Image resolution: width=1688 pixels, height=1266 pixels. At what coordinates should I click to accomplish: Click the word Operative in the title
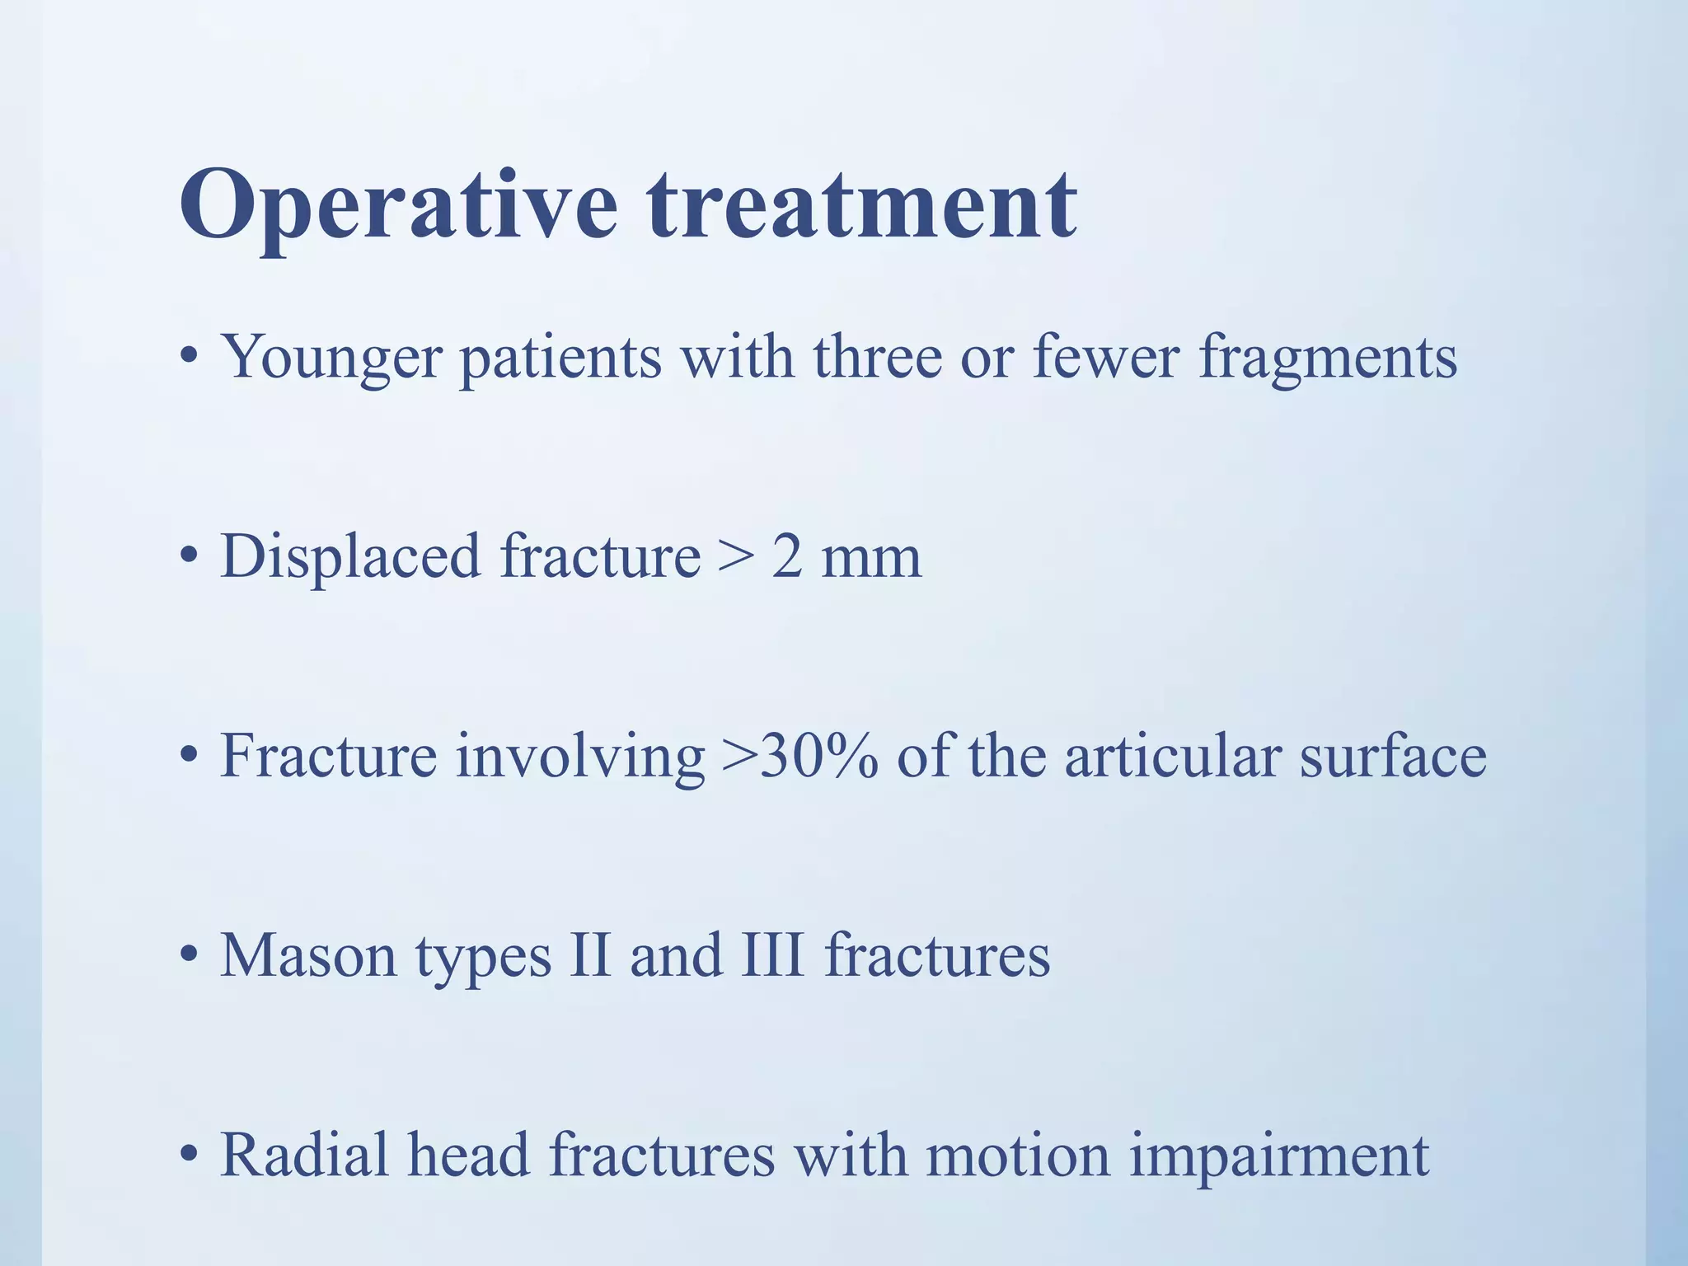398,206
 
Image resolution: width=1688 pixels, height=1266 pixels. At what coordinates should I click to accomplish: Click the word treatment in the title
861,206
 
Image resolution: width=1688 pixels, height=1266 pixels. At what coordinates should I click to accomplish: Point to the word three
877,356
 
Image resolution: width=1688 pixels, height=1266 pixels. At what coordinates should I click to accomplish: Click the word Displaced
350,556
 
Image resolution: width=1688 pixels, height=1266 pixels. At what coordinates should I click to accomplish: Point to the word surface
1393,756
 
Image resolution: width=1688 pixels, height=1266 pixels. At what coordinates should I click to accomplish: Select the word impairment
1278,1156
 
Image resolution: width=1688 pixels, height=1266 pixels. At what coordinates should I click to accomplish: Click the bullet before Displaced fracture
189,557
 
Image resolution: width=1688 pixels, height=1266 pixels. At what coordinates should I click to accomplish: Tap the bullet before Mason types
189,956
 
